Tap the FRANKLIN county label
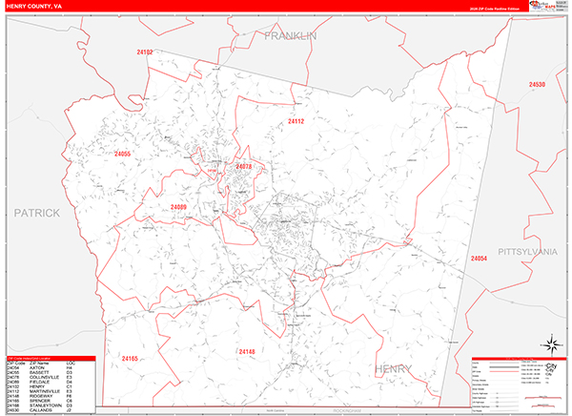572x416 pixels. click(291, 35)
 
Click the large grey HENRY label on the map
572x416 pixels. click(394, 368)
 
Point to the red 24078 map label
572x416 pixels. click(243, 167)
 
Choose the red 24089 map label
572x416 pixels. click(179, 207)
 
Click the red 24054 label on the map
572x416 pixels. click(479, 258)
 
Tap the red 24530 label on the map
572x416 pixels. click(537, 85)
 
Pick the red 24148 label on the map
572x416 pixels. click(246, 353)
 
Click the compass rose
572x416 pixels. click(549, 341)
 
